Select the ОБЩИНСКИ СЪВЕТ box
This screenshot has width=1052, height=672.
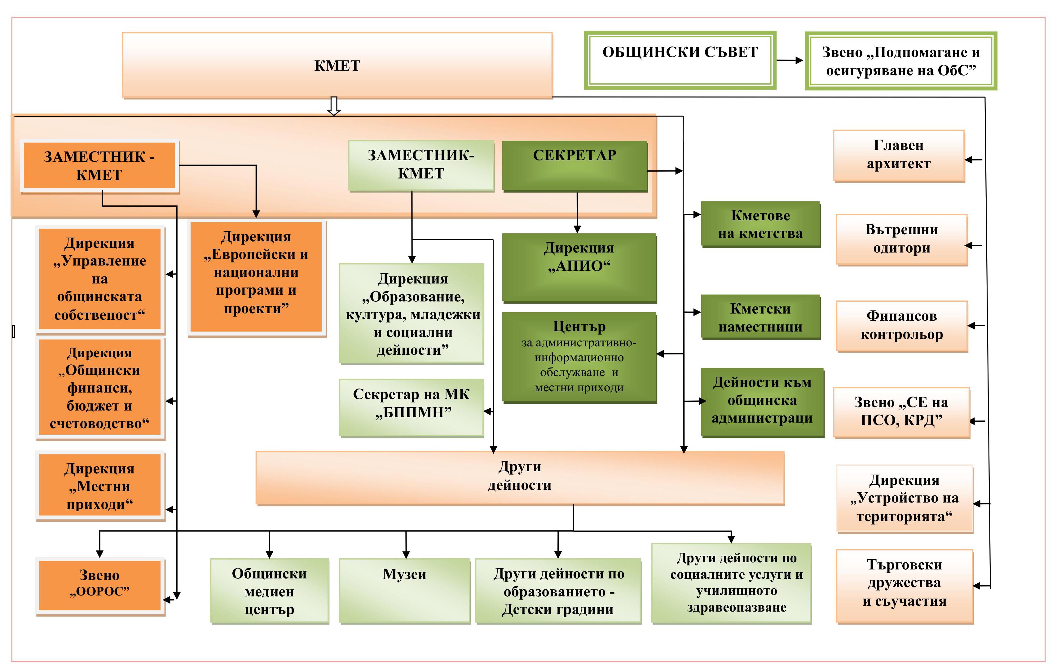click(x=680, y=60)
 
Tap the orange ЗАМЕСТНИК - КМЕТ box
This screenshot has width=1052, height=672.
click(x=99, y=165)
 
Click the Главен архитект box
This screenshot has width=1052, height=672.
click(x=899, y=155)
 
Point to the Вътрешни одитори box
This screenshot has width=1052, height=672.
click(x=902, y=239)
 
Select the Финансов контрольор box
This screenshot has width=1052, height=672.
click(x=902, y=326)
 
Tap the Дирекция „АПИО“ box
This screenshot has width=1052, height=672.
click(x=579, y=267)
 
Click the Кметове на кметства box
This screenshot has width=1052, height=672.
click(x=761, y=224)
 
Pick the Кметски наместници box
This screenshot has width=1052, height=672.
click(x=761, y=317)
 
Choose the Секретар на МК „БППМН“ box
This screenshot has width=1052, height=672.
click(x=412, y=407)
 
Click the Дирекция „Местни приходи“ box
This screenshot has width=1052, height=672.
click(x=99, y=486)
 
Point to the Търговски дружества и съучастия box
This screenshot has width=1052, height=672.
click(x=904, y=586)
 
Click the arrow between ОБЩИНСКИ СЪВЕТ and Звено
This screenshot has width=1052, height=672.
click(x=790, y=61)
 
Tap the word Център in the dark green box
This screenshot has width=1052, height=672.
click(x=579, y=326)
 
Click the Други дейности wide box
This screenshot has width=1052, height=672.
click(x=520, y=477)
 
